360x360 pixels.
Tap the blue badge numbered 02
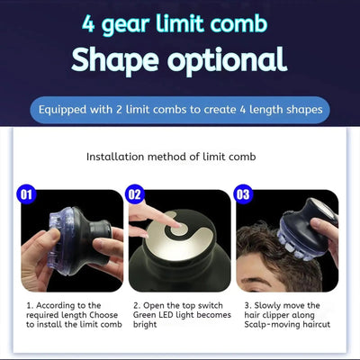click(137, 193)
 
